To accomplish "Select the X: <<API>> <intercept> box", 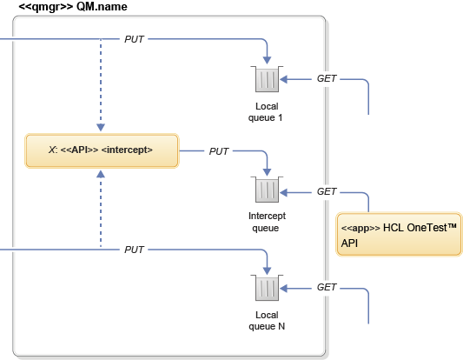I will point(101,150).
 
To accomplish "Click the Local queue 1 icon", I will point(267,80).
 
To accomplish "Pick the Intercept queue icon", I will point(267,190).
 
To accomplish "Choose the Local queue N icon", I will point(267,288).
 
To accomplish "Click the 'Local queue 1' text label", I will point(267,110).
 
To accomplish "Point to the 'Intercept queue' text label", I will point(267,222).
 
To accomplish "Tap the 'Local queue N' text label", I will point(267,320).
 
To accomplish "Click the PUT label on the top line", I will point(135,39).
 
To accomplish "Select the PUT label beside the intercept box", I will point(219,151).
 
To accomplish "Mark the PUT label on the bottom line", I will point(135,250).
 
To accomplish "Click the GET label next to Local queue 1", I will point(327,79).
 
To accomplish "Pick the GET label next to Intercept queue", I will point(327,190).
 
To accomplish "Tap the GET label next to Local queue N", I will point(327,287).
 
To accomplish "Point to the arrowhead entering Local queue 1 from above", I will point(268,60).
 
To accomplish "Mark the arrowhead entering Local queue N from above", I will point(268,269).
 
